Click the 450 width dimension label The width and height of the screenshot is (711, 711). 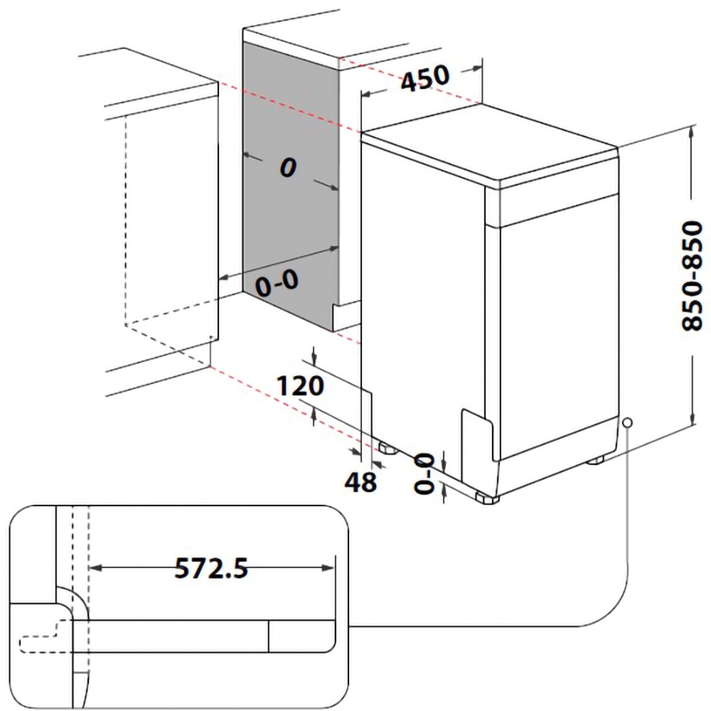[425, 77]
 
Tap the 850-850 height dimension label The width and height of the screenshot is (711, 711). [691, 277]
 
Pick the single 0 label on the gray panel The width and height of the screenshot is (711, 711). [287, 168]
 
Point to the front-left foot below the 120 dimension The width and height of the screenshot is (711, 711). [387, 448]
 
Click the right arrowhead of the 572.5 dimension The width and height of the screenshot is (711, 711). [328, 567]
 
